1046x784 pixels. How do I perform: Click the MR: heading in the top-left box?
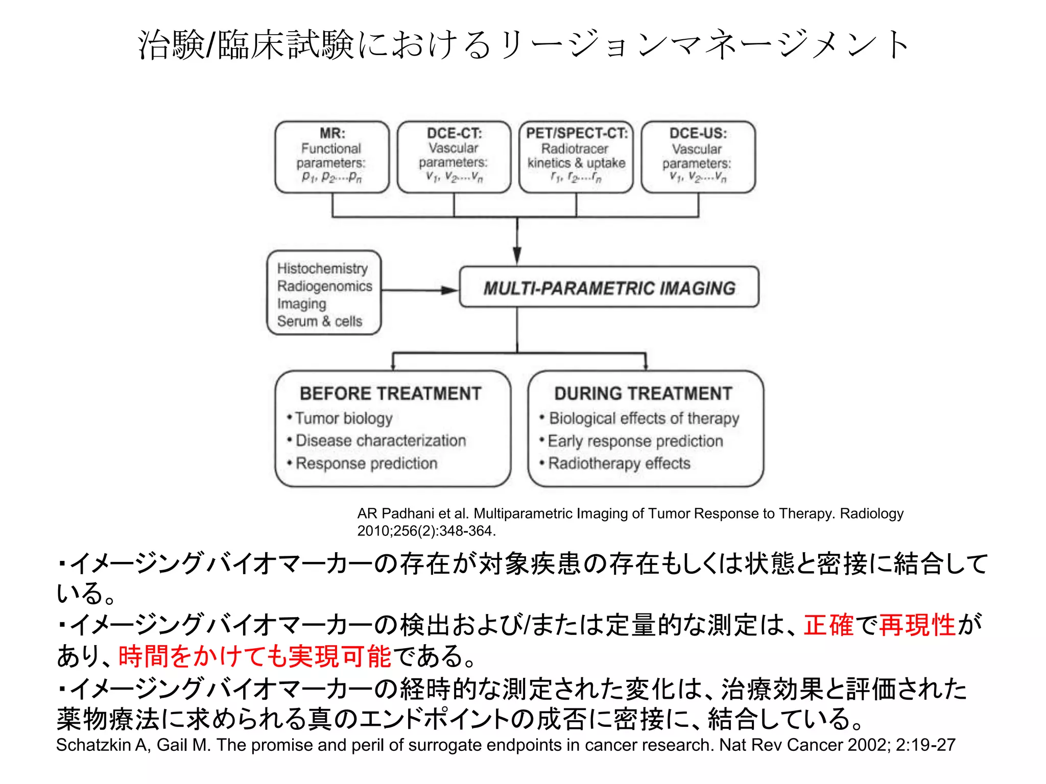(x=332, y=133)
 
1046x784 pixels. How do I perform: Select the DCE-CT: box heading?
(x=454, y=133)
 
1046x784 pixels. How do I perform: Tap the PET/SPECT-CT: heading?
(x=577, y=133)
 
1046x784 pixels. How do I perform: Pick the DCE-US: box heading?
(x=698, y=133)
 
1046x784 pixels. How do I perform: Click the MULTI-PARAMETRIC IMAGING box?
(x=609, y=288)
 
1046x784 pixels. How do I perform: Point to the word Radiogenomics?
(x=324, y=286)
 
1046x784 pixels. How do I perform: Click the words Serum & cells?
(x=319, y=321)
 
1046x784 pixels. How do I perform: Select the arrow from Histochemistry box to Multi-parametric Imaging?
(x=419, y=290)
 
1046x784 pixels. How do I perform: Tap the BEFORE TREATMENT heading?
(x=390, y=394)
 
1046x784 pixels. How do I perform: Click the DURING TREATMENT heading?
(x=643, y=394)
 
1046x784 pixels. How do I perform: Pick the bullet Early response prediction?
(x=635, y=441)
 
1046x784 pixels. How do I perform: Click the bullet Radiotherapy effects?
(x=619, y=463)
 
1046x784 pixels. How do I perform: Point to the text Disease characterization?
(x=381, y=440)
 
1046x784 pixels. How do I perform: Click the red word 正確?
(x=828, y=625)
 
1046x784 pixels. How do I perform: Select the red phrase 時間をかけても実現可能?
(x=254, y=656)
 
